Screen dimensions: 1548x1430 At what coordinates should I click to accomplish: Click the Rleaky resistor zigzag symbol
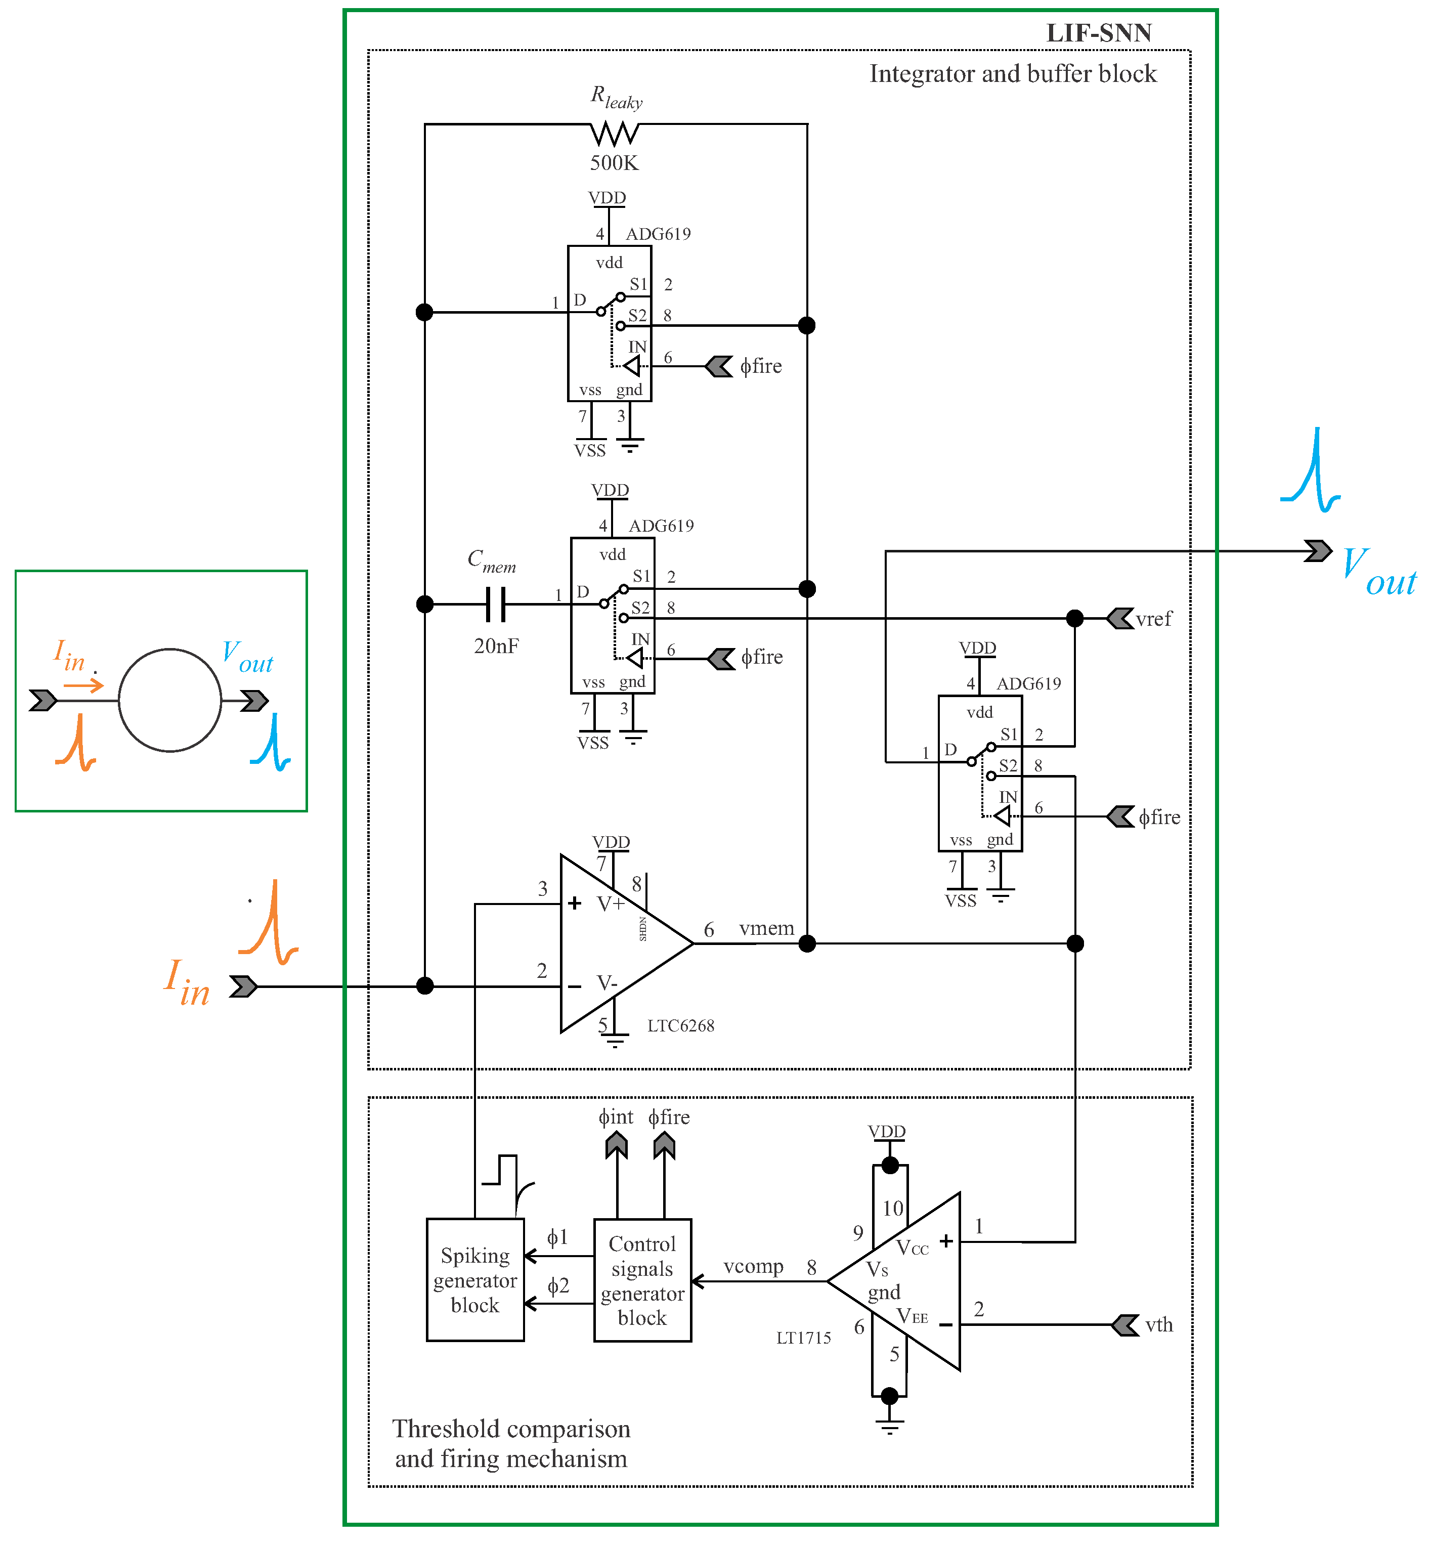(615, 134)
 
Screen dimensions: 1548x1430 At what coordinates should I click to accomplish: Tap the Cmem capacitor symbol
(496, 604)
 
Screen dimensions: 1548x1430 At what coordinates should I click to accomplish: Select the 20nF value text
(496, 646)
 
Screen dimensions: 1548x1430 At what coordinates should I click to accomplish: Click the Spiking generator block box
(475, 1279)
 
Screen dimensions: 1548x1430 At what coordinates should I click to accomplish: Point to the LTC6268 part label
(680, 1025)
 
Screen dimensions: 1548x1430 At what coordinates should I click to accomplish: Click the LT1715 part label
(803, 1338)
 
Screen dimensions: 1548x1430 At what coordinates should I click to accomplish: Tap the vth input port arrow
(1124, 1324)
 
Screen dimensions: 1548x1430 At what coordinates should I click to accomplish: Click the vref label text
(1154, 618)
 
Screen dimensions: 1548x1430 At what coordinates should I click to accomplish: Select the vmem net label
(766, 928)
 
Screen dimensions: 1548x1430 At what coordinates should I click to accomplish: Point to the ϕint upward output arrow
(617, 1145)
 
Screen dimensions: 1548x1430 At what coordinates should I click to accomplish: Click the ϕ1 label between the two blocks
(557, 1237)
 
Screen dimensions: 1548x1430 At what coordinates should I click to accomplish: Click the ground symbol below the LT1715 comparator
(890, 1427)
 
